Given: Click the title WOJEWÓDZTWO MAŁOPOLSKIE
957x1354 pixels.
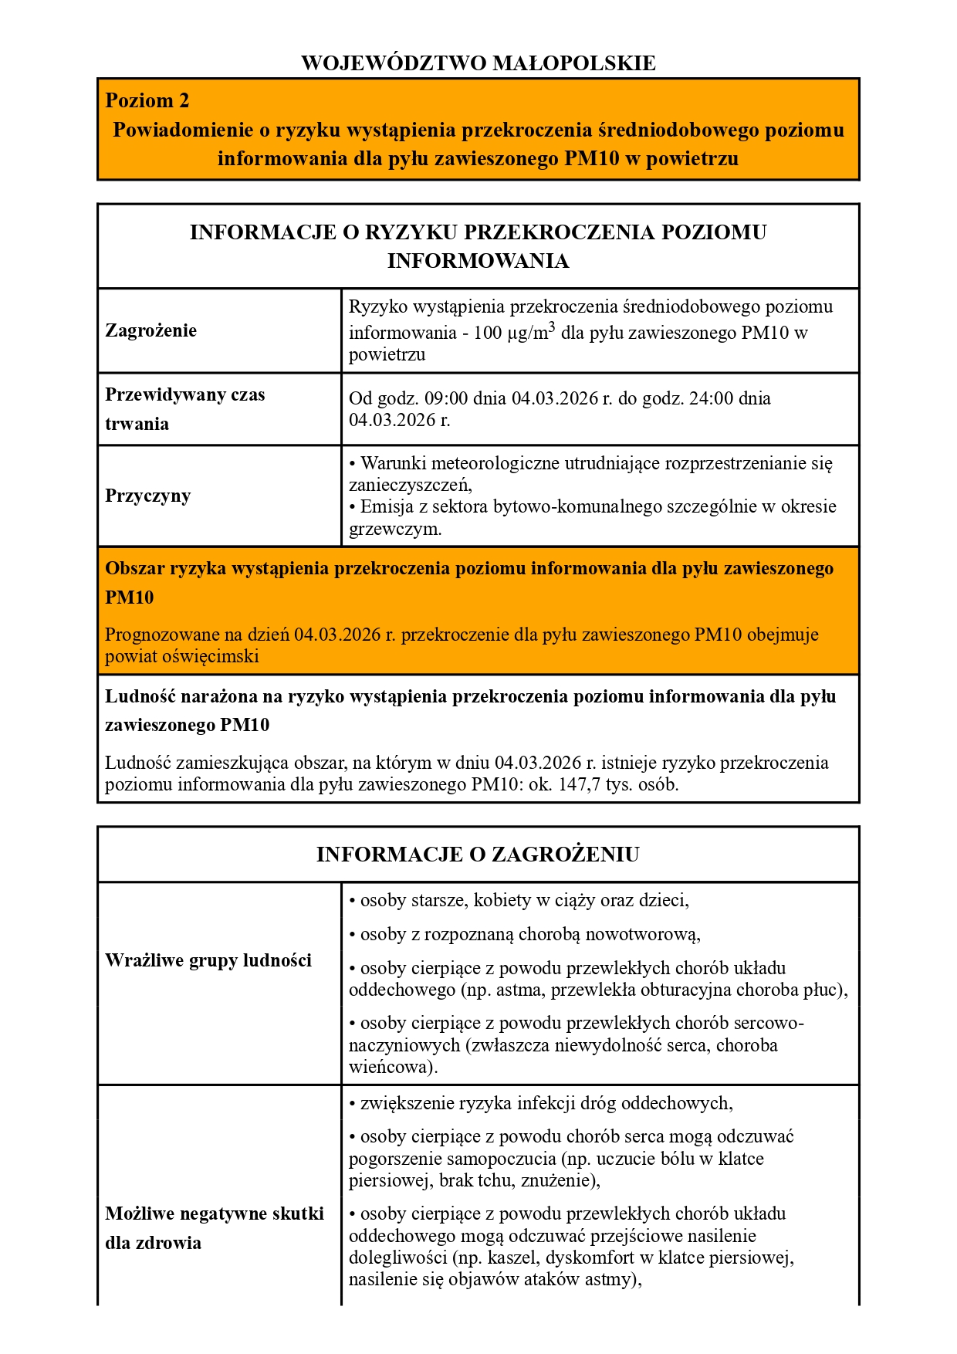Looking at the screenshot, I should point(478,63).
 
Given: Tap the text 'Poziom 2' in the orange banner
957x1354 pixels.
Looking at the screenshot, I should point(147,101).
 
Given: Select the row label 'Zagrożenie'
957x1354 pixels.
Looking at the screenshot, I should point(151,330).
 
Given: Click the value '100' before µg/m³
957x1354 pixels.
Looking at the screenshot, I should point(487,333).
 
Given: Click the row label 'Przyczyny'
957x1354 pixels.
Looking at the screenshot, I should point(147,496).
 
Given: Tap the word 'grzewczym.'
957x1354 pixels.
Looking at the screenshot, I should point(395,530).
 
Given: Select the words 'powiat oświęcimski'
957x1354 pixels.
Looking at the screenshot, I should point(182,657).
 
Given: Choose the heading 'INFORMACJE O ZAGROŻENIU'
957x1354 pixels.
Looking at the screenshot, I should point(478,855).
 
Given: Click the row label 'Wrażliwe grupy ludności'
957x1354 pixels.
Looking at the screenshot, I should point(208,960).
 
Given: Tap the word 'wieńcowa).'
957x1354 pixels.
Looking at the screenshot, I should point(393,1068).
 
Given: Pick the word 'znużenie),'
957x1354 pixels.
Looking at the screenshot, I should point(560,1181).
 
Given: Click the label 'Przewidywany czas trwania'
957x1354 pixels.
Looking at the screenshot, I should point(185,409).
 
